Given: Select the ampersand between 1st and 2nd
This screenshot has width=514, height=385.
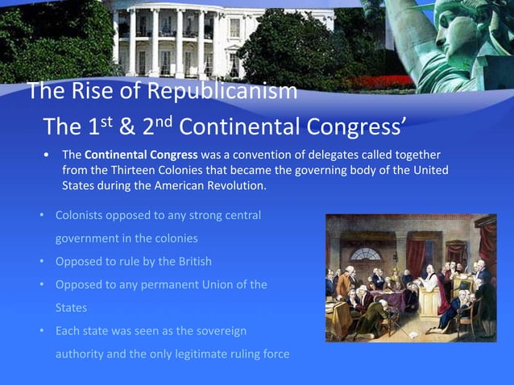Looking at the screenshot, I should [126, 126].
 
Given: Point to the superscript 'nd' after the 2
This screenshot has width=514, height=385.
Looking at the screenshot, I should [164, 121].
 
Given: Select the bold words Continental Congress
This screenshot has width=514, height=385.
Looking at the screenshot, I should [140, 155].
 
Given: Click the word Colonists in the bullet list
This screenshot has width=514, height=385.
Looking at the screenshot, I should [81, 217].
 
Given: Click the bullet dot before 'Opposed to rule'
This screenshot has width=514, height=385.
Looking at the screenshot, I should [42, 263].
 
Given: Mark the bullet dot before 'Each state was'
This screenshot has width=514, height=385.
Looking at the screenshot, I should [42, 331].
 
